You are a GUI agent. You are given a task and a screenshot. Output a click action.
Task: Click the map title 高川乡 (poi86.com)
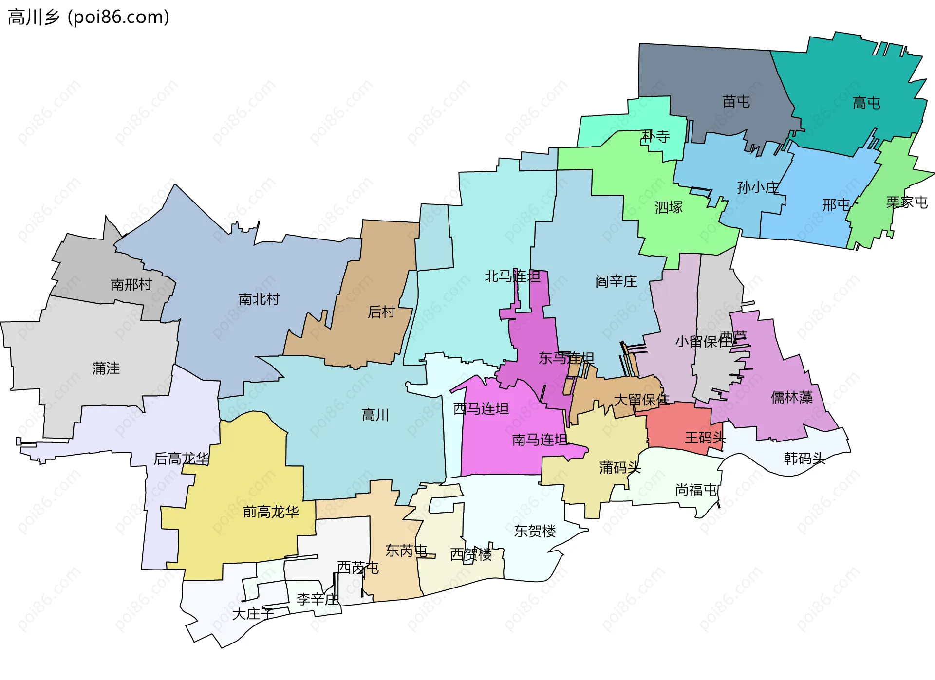point(89,17)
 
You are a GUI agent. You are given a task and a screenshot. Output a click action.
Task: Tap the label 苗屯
point(736,102)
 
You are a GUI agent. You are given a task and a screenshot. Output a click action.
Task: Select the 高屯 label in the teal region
point(866,103)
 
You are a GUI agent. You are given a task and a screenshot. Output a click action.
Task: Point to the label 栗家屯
point(906,202)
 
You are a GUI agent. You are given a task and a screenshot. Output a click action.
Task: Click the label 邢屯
point(836,205)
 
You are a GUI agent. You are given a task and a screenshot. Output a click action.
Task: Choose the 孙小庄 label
point(758,187)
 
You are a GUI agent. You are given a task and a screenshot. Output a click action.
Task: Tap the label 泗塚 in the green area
point(669,207)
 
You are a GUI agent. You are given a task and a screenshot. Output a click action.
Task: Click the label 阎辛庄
point(616,281)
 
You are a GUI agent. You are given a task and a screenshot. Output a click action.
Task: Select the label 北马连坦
point(512,276)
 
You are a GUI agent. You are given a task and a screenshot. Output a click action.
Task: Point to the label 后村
point(381,312)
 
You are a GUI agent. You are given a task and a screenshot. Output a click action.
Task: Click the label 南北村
point(259,299)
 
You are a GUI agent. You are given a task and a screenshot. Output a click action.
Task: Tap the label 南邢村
point(131,284)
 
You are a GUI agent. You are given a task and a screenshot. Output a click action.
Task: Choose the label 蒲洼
point(106,368)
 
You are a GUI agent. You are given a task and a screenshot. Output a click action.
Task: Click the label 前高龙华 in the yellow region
point(271,512)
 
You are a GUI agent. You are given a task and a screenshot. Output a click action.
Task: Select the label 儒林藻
point(791,398)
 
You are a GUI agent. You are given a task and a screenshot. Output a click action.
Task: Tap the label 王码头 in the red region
point(705,438)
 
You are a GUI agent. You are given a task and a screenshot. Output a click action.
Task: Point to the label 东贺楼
point(535,531)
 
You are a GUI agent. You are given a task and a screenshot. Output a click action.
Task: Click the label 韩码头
point(804,459)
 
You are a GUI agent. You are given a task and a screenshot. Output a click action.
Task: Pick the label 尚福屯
point(696,490)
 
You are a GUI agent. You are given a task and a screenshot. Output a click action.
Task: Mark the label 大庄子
point(253,614)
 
